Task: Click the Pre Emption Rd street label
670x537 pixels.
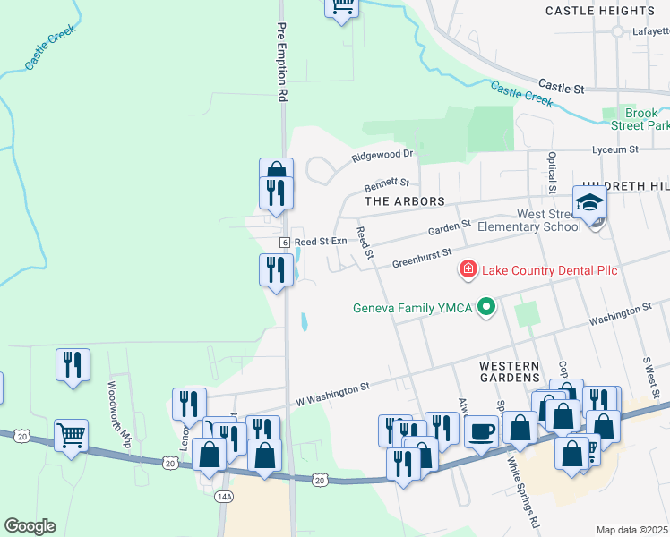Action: pos(282,61)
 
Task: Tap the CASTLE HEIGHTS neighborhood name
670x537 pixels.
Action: pos(613,11)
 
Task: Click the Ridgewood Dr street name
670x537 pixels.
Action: pos(382,154)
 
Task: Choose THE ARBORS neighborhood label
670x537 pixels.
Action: pos(406,202)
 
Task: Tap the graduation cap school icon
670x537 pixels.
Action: pos(590,203)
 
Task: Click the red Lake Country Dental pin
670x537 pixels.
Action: pos(467,268)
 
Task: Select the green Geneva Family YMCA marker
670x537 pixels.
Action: pos(487,308)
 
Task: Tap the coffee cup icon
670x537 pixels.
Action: pos(481,430)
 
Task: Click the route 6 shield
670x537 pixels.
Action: pos(284,243)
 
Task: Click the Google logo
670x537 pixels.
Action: pos(30,526)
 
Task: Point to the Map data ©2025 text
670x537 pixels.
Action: pos(631,530)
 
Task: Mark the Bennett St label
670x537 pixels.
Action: pos(386,185)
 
